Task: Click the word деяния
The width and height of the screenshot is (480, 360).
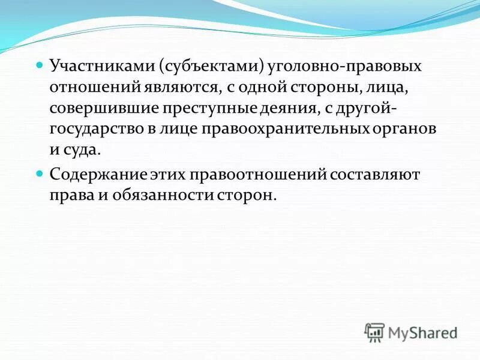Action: pos(292,109)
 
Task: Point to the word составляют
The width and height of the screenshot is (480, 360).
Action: pos(374,175)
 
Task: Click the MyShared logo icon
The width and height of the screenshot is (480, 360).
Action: pos(375,332)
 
